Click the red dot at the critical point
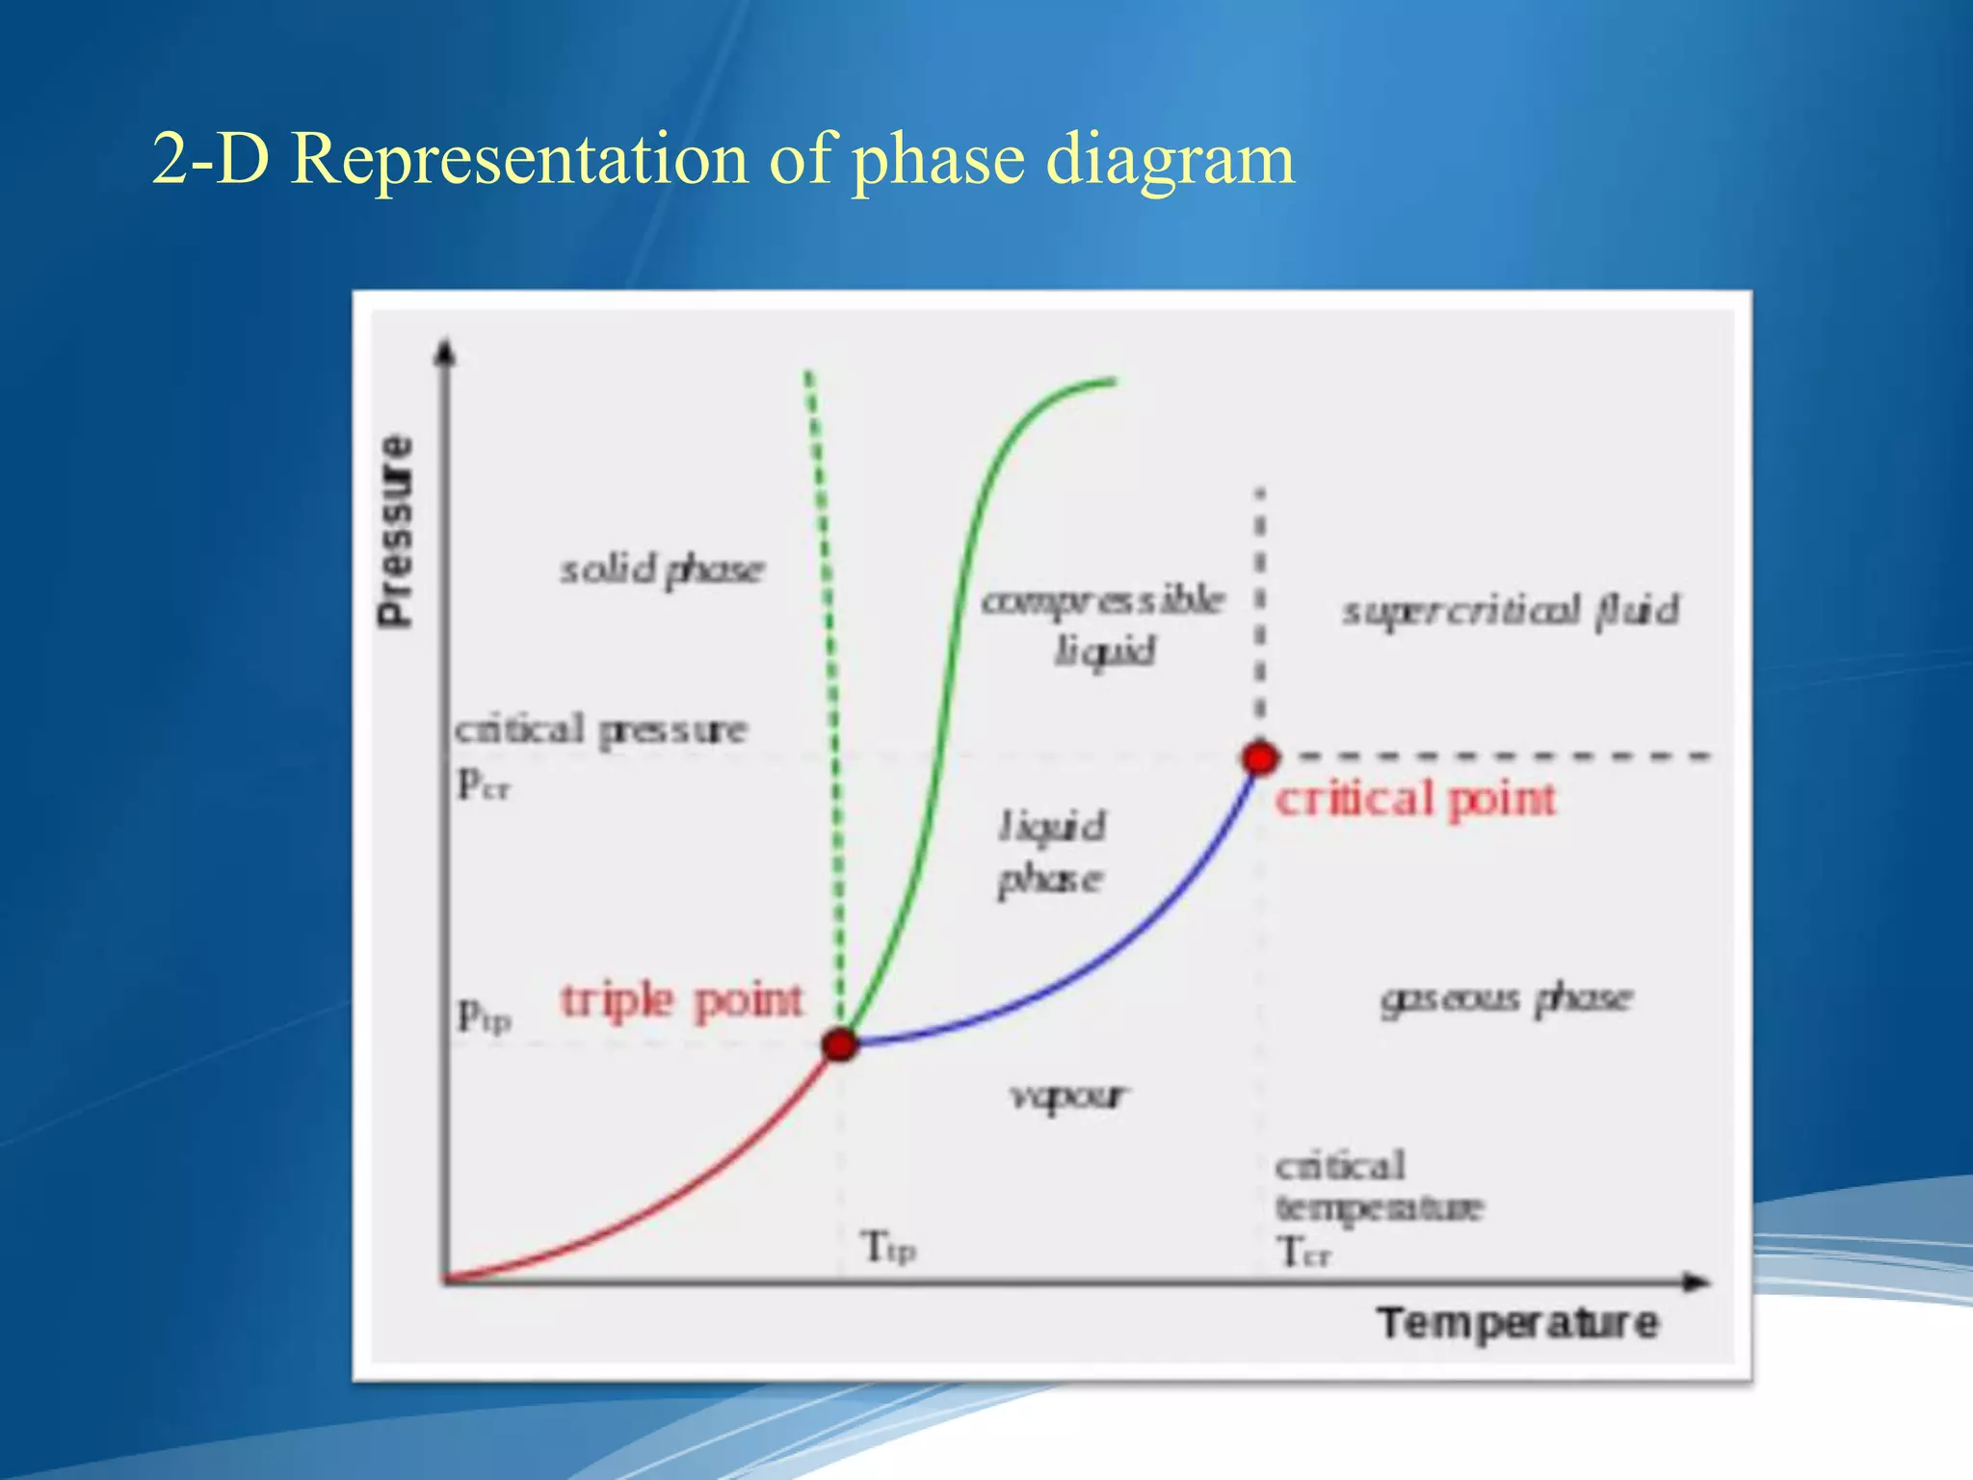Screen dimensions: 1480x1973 pyautogui.click(x=1259, y=757)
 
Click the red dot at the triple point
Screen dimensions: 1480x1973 pyautogui.click(x=840, y=1044)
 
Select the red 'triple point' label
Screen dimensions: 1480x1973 pyautogui.click(x=681, y=1001)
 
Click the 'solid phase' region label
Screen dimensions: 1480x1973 pyautogui.click(x=662, y=569)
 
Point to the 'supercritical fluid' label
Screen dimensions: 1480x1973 pyautogui.click(x=1511, y=611)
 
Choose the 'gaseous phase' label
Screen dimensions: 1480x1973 pyautogui.click(x=1506, y=998)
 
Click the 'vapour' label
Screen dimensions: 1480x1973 pyautogui.click(x=1067, y=1096)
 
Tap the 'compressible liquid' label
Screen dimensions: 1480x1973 pyautogui.click(x=1103, y=624)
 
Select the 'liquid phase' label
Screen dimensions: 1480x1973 pyautogui.click(x=1050, y=852)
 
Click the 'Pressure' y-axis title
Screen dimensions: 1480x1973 pyautogui.click(x=395, y=531)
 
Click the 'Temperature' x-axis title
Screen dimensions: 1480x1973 pyautogui.click(x=1517, y=1323)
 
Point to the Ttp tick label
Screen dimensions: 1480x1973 pyautogui.click(x=887, y=1247)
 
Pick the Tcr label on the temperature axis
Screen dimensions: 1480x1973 pyautogui.click(x=1302, y=1253)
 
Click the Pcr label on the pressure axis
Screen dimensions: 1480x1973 pyautogui.click(x=483, y=783)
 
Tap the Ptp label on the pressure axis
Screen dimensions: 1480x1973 pyautogui.click(x=483, y=1015)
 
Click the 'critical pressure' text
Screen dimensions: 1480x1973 pyautogui.click(x=600, y=729)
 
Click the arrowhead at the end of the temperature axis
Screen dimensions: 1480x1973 pyautogui.click(x=1697, y=1282)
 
